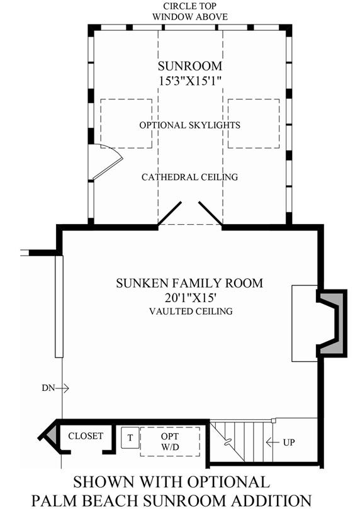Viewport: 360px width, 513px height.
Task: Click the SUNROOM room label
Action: click(190, 66)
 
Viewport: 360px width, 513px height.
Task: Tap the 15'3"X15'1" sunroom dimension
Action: click(191, 81)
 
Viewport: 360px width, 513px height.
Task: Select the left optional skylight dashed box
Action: click(126, 123)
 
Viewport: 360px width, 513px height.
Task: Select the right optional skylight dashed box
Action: click(254, 123)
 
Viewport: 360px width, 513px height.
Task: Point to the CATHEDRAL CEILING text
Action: click(190, 177)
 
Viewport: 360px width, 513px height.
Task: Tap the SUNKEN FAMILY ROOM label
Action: click(189, 283)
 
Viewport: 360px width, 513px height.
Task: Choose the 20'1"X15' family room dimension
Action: click(189, 298)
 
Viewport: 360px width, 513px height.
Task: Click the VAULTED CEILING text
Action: click(191, 311)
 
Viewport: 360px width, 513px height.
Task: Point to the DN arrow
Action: click(62, 388)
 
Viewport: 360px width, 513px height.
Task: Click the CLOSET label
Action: click(86, 436)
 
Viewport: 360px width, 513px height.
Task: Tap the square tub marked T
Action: click(130, 437)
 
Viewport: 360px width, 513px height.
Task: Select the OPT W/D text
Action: click(170, 441)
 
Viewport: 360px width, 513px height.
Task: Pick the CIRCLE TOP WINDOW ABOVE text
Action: click(190, 11)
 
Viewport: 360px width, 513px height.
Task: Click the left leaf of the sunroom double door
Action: click(169, 213)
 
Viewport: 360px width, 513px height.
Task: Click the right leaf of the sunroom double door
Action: click(210, 213)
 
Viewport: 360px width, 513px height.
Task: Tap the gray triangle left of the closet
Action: click(52, 434)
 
